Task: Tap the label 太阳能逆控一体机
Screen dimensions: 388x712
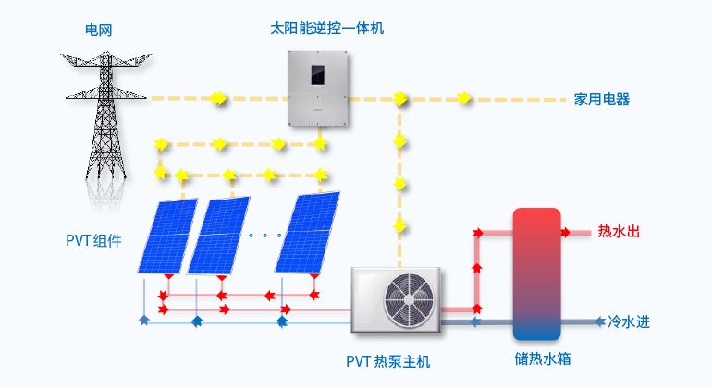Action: click(321, 29)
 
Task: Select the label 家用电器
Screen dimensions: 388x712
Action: click(601, 99)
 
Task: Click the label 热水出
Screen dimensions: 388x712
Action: click(619, 231)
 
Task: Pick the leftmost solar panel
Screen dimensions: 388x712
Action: click(168, 236)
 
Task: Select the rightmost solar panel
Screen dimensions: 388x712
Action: click(309, 232)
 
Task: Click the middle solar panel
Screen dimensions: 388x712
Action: click(218, 236)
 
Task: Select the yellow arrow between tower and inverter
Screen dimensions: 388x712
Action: click(218, 97)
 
